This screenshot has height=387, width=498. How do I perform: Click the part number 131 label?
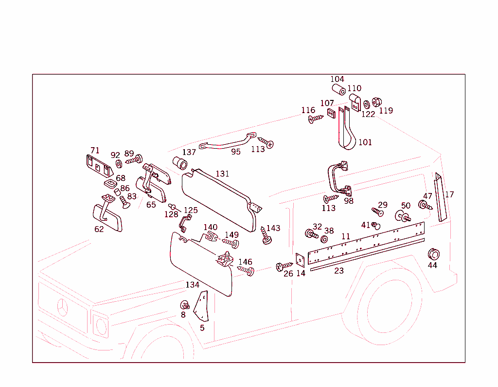click(x=222, y=174)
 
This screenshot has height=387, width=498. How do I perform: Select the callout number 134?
click(x=193, y=285)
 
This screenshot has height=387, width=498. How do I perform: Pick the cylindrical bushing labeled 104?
click(x=338, y=90)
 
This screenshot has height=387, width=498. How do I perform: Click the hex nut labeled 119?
click(x=376, y=102)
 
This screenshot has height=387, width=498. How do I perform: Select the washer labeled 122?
click(x=366, y=105)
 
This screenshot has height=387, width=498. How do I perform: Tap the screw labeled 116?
click(x=316, y=118)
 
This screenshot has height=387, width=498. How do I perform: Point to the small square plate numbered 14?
click(x=300, y=259)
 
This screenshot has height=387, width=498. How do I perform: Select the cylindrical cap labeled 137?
click(x=180, y=163)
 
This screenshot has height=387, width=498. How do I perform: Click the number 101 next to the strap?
click(x=365, y=142)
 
